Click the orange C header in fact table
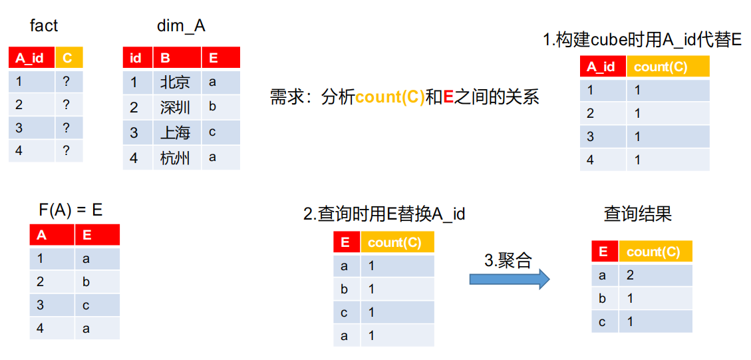tap(69, 57)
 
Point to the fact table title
tap(44, 25)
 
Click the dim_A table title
tap(181, 26)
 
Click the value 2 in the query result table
tap(631, 275)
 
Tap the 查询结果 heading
tap(637, 214)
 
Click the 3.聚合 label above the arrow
tap(508, 260)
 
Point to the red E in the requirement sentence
tap(449, 97)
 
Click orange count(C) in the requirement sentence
tap(389, 98)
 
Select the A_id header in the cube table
tap(603, 67)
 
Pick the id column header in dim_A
tap(138, 57)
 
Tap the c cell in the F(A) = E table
tap(86, 305)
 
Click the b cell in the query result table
tap(603, 298)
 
